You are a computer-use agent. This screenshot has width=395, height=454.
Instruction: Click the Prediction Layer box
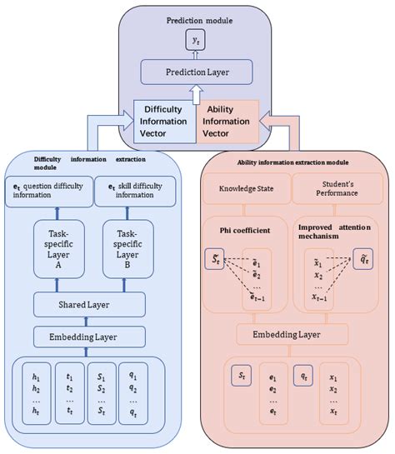coord(197,73)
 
